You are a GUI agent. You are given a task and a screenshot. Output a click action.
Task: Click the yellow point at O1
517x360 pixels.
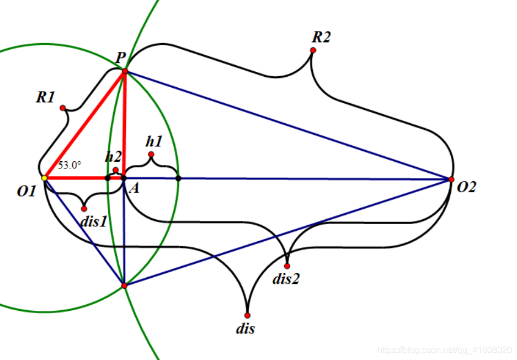pos(44,178)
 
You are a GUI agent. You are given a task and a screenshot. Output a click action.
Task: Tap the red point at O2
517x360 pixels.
pos(451,179)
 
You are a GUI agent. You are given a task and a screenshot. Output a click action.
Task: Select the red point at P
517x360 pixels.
pos(125,71)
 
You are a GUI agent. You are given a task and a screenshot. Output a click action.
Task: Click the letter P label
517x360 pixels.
pos(120,57)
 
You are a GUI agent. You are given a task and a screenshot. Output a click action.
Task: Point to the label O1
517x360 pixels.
pos(26,191)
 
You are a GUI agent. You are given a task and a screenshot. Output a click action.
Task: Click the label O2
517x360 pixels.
pos(466,188)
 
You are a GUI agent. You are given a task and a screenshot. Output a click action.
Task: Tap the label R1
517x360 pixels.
pos(45,98)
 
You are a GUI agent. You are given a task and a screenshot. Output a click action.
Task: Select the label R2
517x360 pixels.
pos(321,37)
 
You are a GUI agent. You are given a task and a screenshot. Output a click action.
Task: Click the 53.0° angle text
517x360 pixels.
pos(70,165)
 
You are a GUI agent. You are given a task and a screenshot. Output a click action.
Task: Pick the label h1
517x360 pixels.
pos(154,141)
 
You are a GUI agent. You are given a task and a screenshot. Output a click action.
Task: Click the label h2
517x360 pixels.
pos(113,156)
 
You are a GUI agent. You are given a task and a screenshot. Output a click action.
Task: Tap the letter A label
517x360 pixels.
pos(133,189)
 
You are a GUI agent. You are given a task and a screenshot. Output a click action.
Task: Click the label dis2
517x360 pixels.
pos(286,279)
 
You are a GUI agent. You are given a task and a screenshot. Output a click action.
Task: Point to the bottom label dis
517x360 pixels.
pos(245,329)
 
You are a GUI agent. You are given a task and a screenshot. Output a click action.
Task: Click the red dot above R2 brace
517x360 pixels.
pos(313,50)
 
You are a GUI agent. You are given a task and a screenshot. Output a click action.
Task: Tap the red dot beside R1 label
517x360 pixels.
pos(63,108)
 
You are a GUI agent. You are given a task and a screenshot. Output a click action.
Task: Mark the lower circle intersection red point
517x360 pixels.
pos(124,285)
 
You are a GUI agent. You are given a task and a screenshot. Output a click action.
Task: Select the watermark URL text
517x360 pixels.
pos(445,350)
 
